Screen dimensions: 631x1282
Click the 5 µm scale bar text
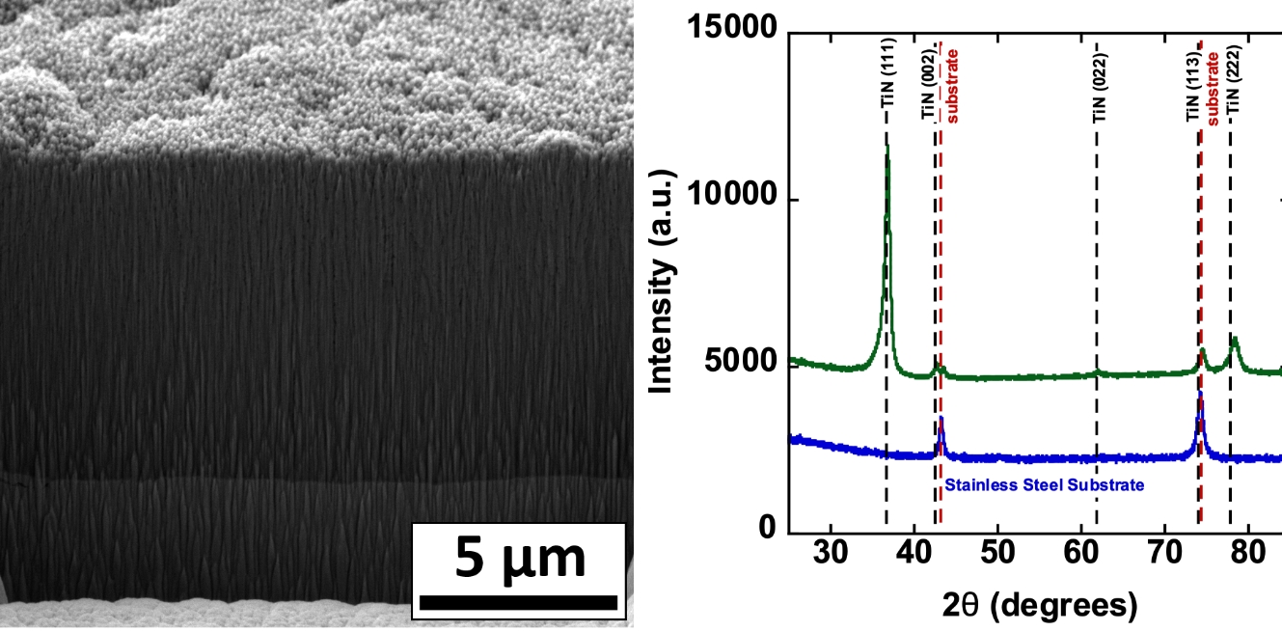(x=520, y=559)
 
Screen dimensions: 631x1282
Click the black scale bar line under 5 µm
(x=519, y=602)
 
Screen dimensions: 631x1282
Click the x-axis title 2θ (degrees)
(x=1039, y=605)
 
